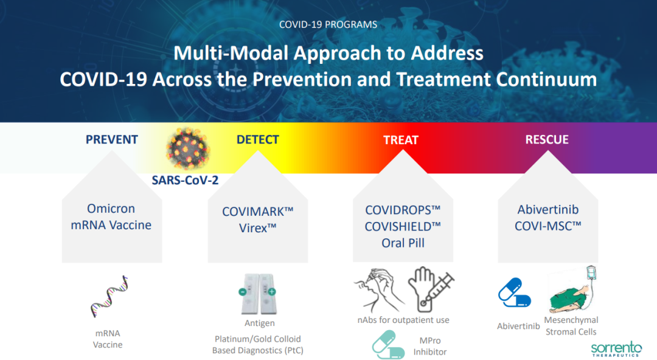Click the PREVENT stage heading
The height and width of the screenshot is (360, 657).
click(x=112, y=139)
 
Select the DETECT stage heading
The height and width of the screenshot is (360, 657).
click(x=258, y=139)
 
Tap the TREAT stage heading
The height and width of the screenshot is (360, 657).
click(x=401, y=140)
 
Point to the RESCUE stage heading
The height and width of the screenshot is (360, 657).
click(x=547, y=139)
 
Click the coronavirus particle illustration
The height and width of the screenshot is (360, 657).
click(x=187, y=148)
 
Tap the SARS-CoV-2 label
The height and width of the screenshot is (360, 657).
click(x=185, y=180)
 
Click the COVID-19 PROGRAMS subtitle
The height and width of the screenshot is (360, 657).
click(x=328, y=24)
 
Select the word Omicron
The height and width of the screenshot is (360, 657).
click(x=111, y=209)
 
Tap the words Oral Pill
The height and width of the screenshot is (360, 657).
click(x=403, y=243)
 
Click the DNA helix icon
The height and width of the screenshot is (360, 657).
click(x=109, y=296)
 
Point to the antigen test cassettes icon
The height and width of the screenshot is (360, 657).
click(x=258, y=294)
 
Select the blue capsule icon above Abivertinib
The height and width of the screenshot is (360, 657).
click(x=515, y=292)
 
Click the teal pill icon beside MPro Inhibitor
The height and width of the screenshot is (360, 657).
click(x=388, y=345)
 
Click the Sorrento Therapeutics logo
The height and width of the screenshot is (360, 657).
click(x=616, y=348)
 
